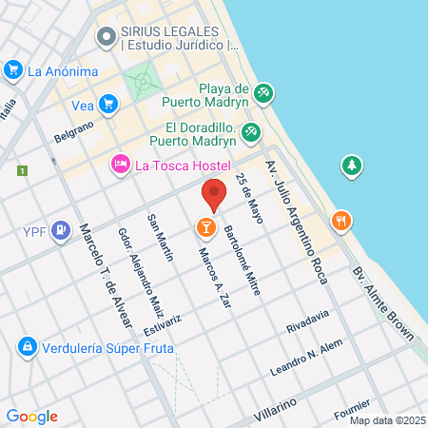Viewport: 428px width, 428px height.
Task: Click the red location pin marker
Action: pos(214,194)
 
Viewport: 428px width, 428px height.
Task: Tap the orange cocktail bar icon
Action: pos(204,227)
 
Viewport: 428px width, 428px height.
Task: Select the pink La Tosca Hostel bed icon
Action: pos(121,165)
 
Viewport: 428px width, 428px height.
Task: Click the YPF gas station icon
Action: pos(61,229)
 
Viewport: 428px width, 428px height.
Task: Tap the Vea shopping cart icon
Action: pos(107,104)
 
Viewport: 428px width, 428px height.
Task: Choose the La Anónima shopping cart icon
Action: pos(13,69)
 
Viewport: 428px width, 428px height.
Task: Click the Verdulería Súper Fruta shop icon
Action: pos(27,344)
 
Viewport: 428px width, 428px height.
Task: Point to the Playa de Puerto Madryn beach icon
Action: pos(264,93)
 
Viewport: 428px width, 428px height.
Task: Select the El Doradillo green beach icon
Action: pos(251,133)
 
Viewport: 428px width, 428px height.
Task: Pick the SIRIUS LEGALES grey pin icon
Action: pos(105,38)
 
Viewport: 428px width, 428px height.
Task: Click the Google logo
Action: pos(31,416)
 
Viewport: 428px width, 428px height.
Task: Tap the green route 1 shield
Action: pos(21,170)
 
